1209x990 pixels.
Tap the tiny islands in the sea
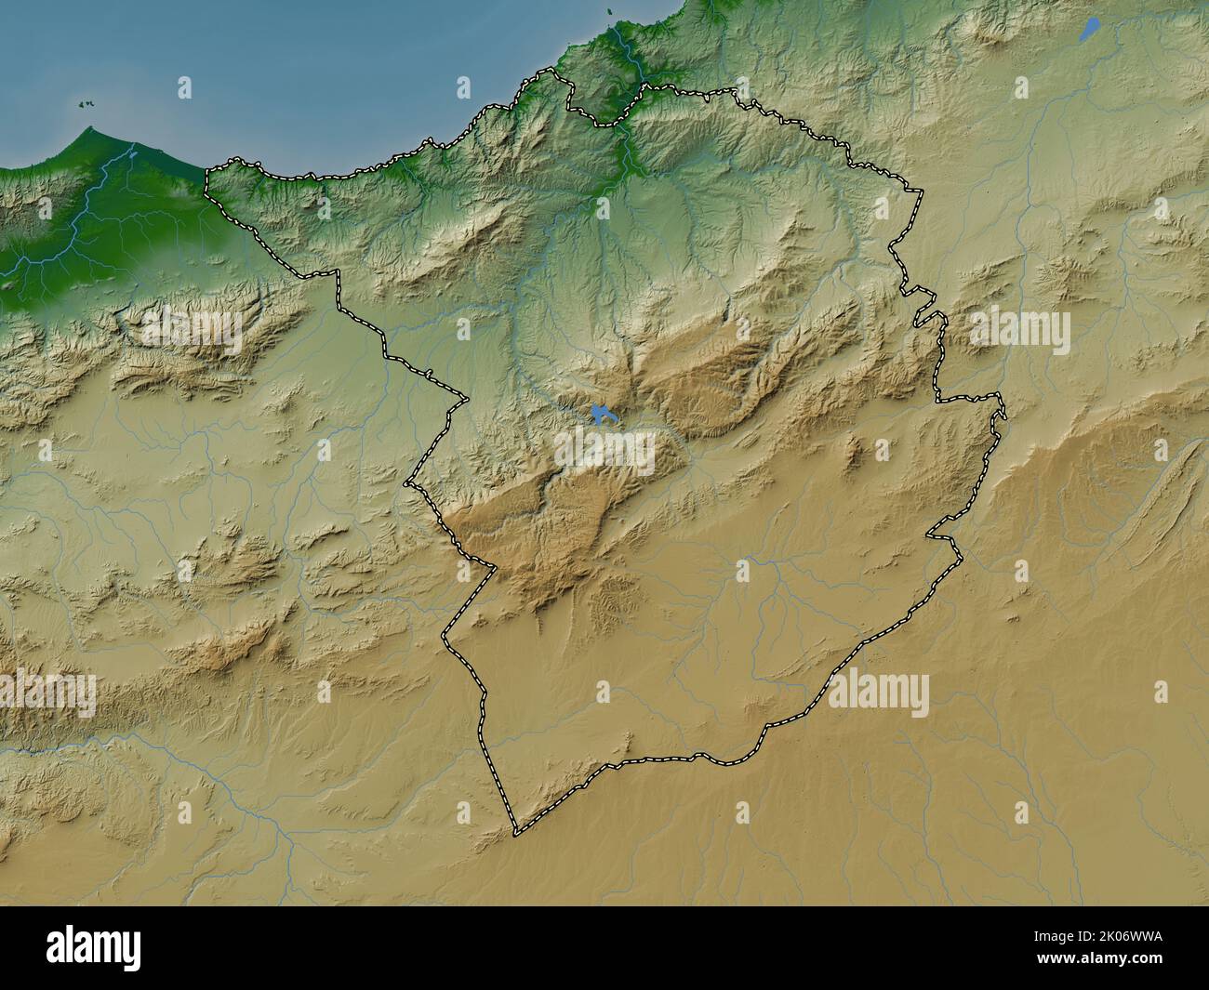[89, 105]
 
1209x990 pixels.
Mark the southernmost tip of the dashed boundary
[516, 830]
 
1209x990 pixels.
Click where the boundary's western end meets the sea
[206, 168]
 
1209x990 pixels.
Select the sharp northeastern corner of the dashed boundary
[921, 191]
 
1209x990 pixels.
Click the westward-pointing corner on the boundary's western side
[407, 483]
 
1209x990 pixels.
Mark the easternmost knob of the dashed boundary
[1004, 413]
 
